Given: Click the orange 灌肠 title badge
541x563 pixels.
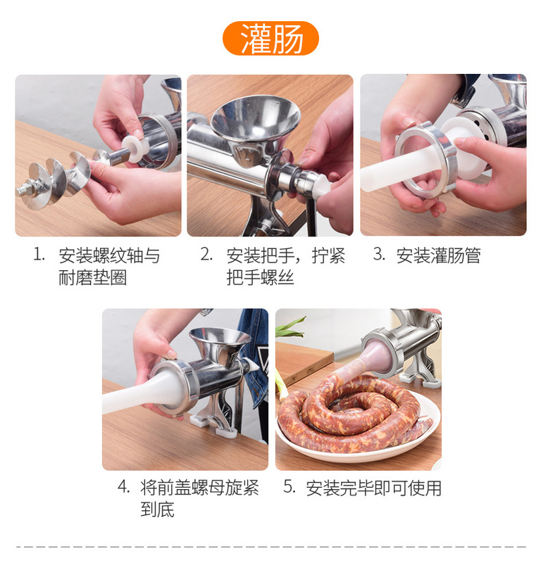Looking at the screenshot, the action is (x=270, y=38).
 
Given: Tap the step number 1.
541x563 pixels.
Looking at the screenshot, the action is (x=39, y=254).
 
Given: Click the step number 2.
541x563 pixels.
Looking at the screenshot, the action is (x=206, y=254).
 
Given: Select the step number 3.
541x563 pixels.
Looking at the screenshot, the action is (x=379, y=254).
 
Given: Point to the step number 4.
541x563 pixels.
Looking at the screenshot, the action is (x=124, y=487).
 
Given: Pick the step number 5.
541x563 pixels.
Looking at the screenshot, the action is (x=290, y=487).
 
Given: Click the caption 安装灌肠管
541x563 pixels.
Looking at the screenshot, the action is (x=439, y=255).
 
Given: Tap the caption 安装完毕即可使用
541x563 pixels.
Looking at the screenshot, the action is (x=373, y=488).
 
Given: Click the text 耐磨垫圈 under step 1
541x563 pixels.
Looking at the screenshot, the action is (x=93, y=277).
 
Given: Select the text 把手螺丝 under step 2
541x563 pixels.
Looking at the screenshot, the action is (x=260, y=277).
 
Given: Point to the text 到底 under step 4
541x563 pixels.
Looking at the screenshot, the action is (x=158, y=510).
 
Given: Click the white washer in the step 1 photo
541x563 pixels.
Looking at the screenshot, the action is (x=135, y=148).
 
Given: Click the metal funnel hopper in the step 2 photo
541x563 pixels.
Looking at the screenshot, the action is (x=255, y=126).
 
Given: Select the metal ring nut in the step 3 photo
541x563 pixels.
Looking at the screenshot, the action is (x=426, y=160).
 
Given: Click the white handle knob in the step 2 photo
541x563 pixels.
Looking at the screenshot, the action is (x=322, y=187).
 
